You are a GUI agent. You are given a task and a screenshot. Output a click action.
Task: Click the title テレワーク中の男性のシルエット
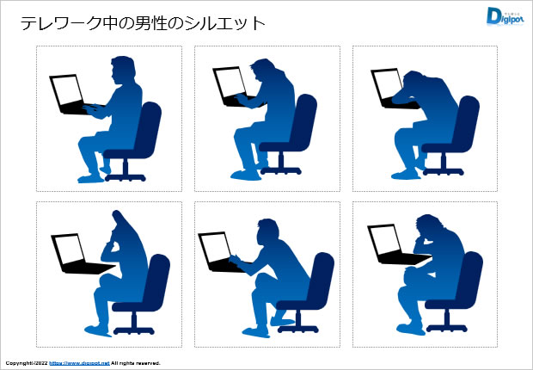click(143, 23)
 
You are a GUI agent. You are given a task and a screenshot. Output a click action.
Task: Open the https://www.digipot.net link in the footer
click(79, 363)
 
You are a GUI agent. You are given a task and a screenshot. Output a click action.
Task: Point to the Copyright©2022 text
click(26, 363)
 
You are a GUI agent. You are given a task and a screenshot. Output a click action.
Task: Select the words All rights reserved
click(135, 363)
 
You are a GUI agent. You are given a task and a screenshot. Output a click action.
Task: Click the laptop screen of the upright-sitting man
click(66, 89)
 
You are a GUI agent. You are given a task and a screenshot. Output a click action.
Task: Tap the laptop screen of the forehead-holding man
click(384, 240)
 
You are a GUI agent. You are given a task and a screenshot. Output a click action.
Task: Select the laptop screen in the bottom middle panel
click(214, 244)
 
